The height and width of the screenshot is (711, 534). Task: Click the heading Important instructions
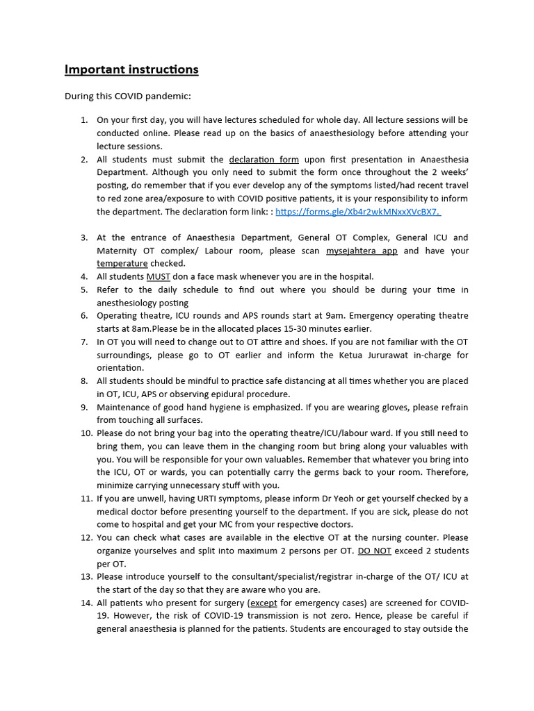pyautogui.click(x=131, y=69)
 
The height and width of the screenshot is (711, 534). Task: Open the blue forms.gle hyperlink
pyautogui.click(x=358, y=212)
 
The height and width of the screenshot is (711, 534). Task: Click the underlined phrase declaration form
pyautogui.click(x=264, y=159)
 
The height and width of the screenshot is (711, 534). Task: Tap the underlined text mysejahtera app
pyautogui.click(x=362, y=251)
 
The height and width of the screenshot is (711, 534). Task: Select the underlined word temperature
pyautogui.click(x=122, y=264)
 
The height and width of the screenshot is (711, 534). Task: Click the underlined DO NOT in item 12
pyautogui.click(x=375, y=551)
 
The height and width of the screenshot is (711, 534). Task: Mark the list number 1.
pyautogui.click(x=83, y=120)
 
